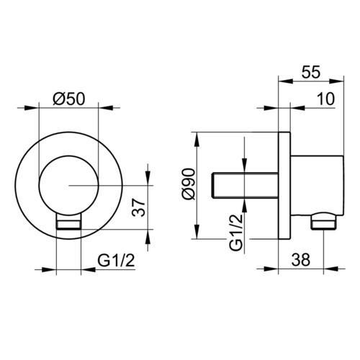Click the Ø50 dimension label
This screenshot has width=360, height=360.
pyautogui.click(x=69, y=99)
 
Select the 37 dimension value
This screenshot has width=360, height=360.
pyautogui.click(x=139, y=207)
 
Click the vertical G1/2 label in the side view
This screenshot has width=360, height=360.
pyautogui.click(x=236, y=233)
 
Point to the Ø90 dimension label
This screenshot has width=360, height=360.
pyautogui.click(x=189, y=184)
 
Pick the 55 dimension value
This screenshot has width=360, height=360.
pyautogui.click(x=311, y=72)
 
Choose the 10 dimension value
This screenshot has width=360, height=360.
pyautogui.click(x=325, y=99)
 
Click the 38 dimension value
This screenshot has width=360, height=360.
pyautogui.click(x=301, y=259)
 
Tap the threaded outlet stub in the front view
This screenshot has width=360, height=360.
pyautogui.click(x=68, y=221)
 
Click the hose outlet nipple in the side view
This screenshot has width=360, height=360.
pyautogui.click(x=324, y=221)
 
